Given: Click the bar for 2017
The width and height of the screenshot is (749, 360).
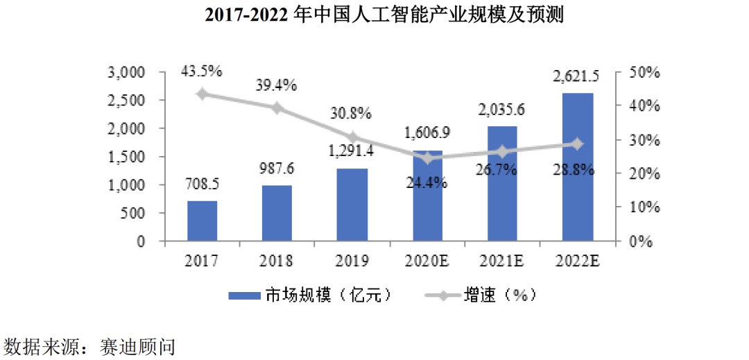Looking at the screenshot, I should (x=202, y=221).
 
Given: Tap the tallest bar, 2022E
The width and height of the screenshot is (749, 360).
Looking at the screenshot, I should (x=578, y=167).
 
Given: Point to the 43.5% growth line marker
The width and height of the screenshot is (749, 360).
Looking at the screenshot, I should (x=202, y=94).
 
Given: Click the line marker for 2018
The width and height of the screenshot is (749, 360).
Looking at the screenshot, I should (x=277, y=108).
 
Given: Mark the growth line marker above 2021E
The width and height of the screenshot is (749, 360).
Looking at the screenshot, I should (x=503, y=151).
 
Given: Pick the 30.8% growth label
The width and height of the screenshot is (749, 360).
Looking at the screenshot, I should (x=352, y=113).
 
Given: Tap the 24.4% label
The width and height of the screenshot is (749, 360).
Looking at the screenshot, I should (x=427, y=184).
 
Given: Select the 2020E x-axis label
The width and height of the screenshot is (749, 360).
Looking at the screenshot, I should (x=427, y=261).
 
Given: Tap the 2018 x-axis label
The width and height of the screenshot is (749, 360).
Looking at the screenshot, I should (x=277, y=261).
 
